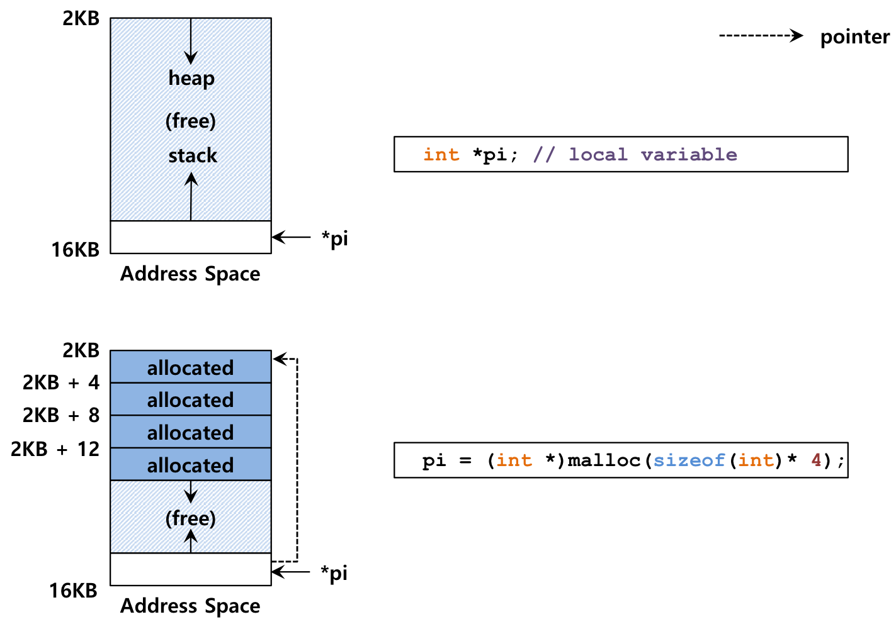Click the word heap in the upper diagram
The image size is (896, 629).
tap(191, 78)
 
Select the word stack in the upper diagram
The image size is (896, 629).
tap(193, 155)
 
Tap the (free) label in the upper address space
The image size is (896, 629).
tap(191, 121)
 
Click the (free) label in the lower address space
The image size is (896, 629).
tap(191, 518)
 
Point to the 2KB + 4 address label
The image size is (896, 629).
tap(61, 382)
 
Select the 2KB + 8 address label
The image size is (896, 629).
tap(61, 415)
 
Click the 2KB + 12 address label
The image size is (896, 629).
tap(55, 448)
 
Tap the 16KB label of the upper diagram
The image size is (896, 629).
tap(75, 250)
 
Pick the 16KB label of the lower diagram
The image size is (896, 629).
tap(73, 590)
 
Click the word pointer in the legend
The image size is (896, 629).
tap(855, 37)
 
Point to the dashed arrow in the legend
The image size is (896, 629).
tap(761, 36)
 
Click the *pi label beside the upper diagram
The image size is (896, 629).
tap(334, 238)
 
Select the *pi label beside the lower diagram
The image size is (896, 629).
tap(334, 573)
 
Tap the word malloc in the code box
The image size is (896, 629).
tap(604, 460)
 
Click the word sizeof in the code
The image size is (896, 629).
tap(689, 460)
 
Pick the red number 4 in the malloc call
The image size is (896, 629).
tap(817, 460)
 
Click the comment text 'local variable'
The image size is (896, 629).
tap(653, 155)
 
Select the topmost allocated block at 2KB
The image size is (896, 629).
tap(191, 367)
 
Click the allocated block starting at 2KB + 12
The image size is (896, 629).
tap(191, 464)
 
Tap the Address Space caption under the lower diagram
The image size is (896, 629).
tap(190, 606)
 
